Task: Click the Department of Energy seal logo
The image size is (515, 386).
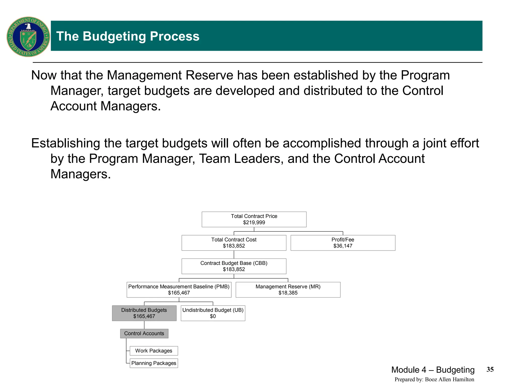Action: [28, 37]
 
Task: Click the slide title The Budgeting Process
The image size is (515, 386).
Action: [128, 36]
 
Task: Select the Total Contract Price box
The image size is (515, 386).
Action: [254, 219]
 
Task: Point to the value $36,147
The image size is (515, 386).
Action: [343, 246]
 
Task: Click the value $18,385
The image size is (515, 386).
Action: [288, 293]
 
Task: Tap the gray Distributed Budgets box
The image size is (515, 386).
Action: [144, 313]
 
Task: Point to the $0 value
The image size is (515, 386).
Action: [213, 316]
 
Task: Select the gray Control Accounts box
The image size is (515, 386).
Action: [144, 333]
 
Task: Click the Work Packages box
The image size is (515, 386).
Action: [154, 351]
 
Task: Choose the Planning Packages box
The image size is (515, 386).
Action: [154, 363]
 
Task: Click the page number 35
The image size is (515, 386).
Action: [490, 369]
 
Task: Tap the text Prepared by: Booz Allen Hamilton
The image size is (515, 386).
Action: [434, 379]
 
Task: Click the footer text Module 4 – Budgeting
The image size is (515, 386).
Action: [433, 370]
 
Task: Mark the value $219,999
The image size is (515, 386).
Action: [254, 223]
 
